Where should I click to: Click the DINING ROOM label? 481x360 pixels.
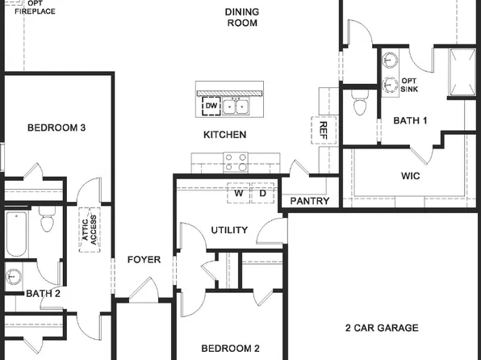(x=241, y=18)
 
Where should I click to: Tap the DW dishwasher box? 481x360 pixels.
(x=211, y=106)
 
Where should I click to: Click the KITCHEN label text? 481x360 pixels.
(x=224, y=135)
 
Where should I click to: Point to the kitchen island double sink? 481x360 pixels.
(x=236, y=106)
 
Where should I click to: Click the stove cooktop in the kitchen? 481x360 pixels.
(x=235, y=164)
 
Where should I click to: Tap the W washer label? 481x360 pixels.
(x=238, y=194)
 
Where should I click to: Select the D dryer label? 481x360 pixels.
(x=262, y=194)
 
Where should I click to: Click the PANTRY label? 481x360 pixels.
(x=309, y=201)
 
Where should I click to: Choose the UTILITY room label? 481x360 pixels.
(x=229, y=230)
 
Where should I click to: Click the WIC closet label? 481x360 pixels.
(x=410, y=176)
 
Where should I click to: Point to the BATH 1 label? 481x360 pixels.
(x=410, y=120)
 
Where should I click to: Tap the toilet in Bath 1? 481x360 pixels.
(x=361, y=103)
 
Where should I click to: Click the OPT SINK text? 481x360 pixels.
(x=410, y=85)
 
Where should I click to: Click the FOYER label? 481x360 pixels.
(x=144, y=260)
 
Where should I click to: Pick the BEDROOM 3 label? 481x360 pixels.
(x=56, y=128)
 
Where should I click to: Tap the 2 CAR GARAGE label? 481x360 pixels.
(x=382, y=328)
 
